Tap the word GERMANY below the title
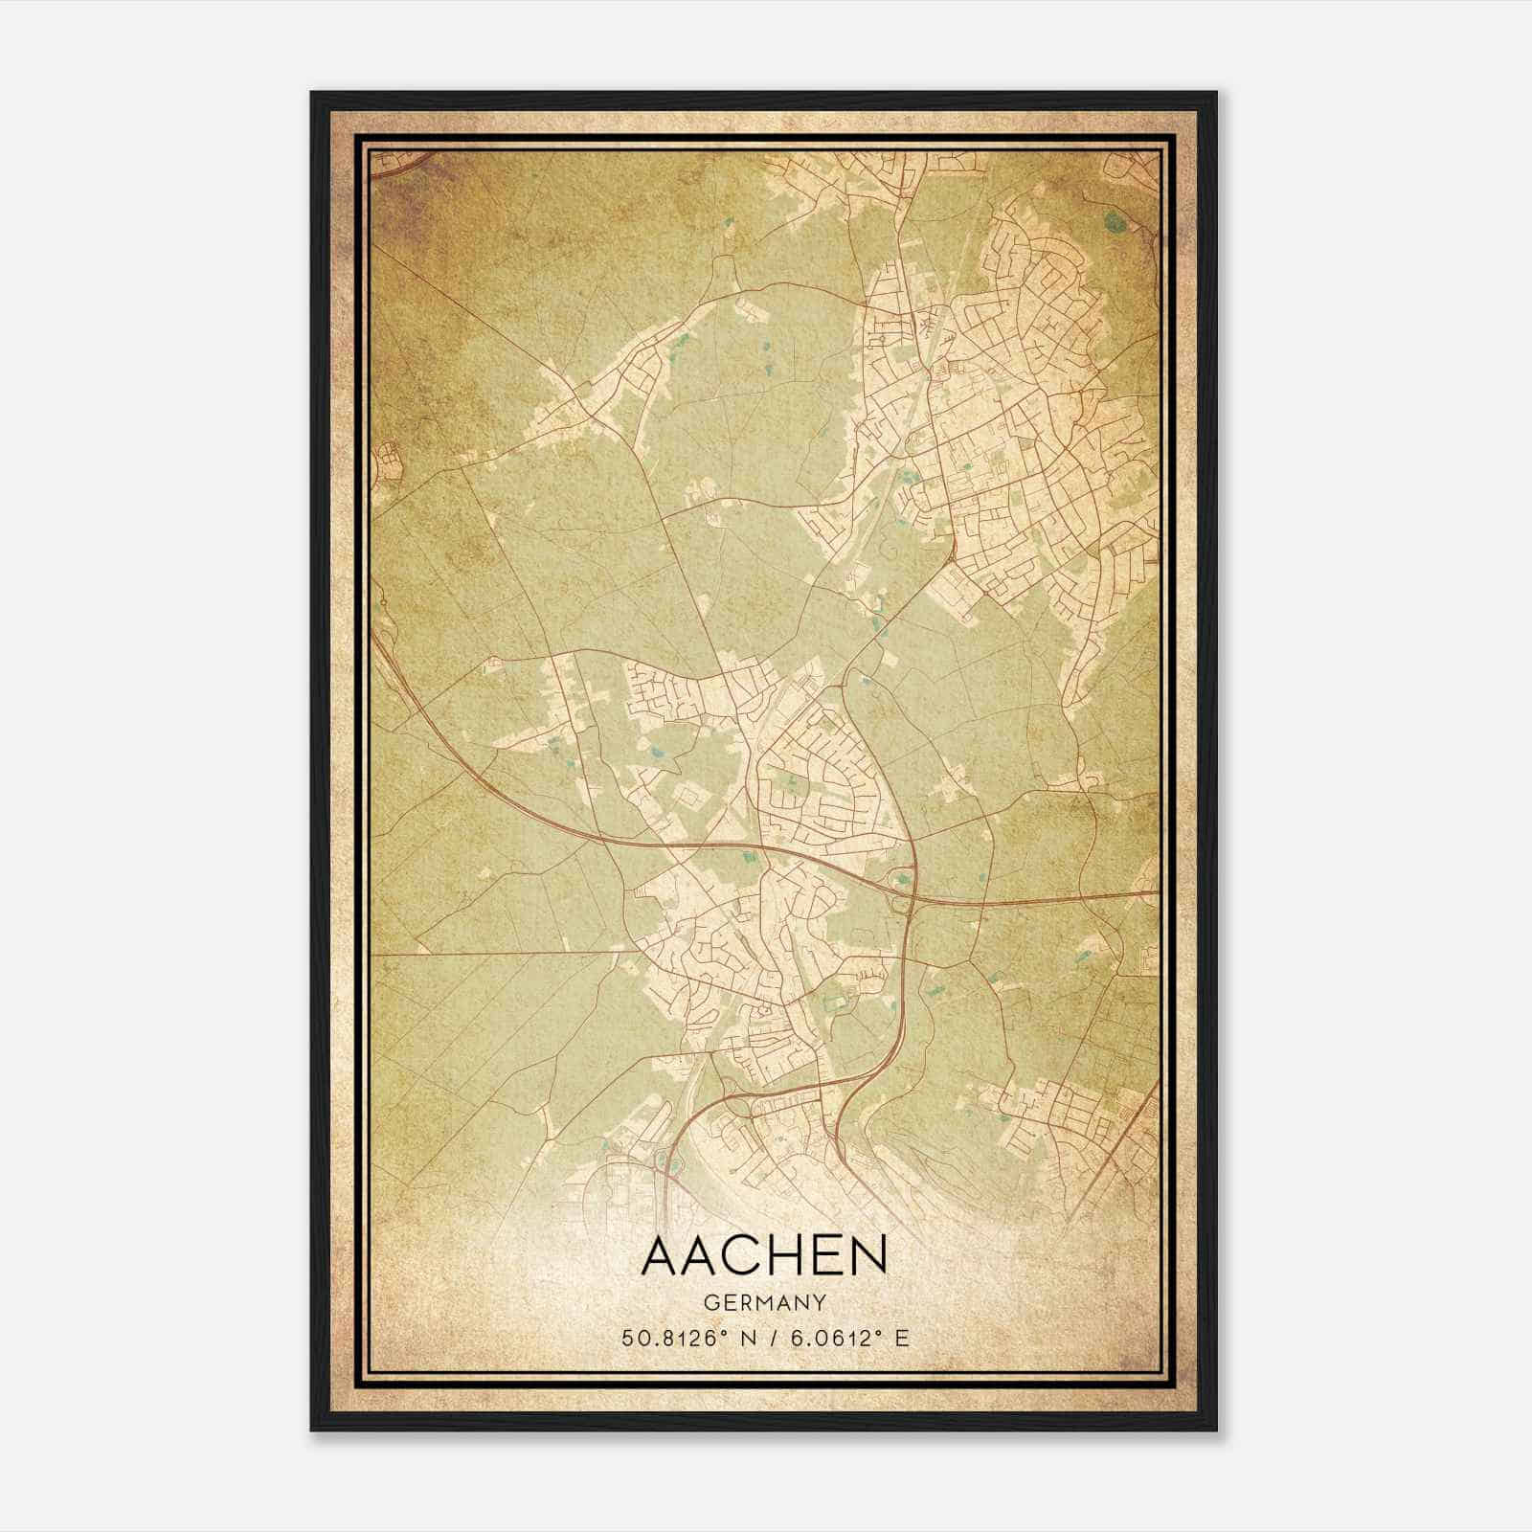(764, 1303)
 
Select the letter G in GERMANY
(710, 1303)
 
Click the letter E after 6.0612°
(902, 1338)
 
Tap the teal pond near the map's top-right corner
(1114, 224)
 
